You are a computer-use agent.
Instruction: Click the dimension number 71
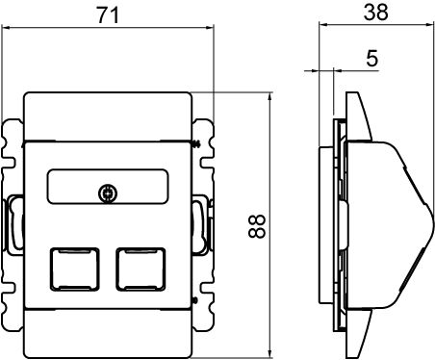108,15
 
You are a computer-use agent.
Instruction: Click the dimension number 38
375,13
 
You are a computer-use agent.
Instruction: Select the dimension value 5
371,58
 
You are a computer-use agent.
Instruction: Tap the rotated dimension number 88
257,226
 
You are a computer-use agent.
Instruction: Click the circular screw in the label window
108,193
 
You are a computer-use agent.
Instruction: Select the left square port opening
74,269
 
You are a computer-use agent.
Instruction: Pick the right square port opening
141,269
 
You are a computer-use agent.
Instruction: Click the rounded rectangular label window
108,186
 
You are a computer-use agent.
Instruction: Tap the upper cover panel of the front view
108,116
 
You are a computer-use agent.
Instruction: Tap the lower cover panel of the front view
108,334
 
